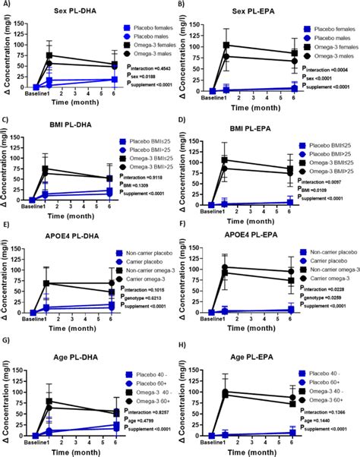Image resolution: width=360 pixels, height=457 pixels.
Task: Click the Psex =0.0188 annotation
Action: click(146, 76)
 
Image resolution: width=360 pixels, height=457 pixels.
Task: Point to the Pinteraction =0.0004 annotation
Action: click(325, 68)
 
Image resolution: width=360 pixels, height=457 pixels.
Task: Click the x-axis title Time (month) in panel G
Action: click(73, 450)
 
